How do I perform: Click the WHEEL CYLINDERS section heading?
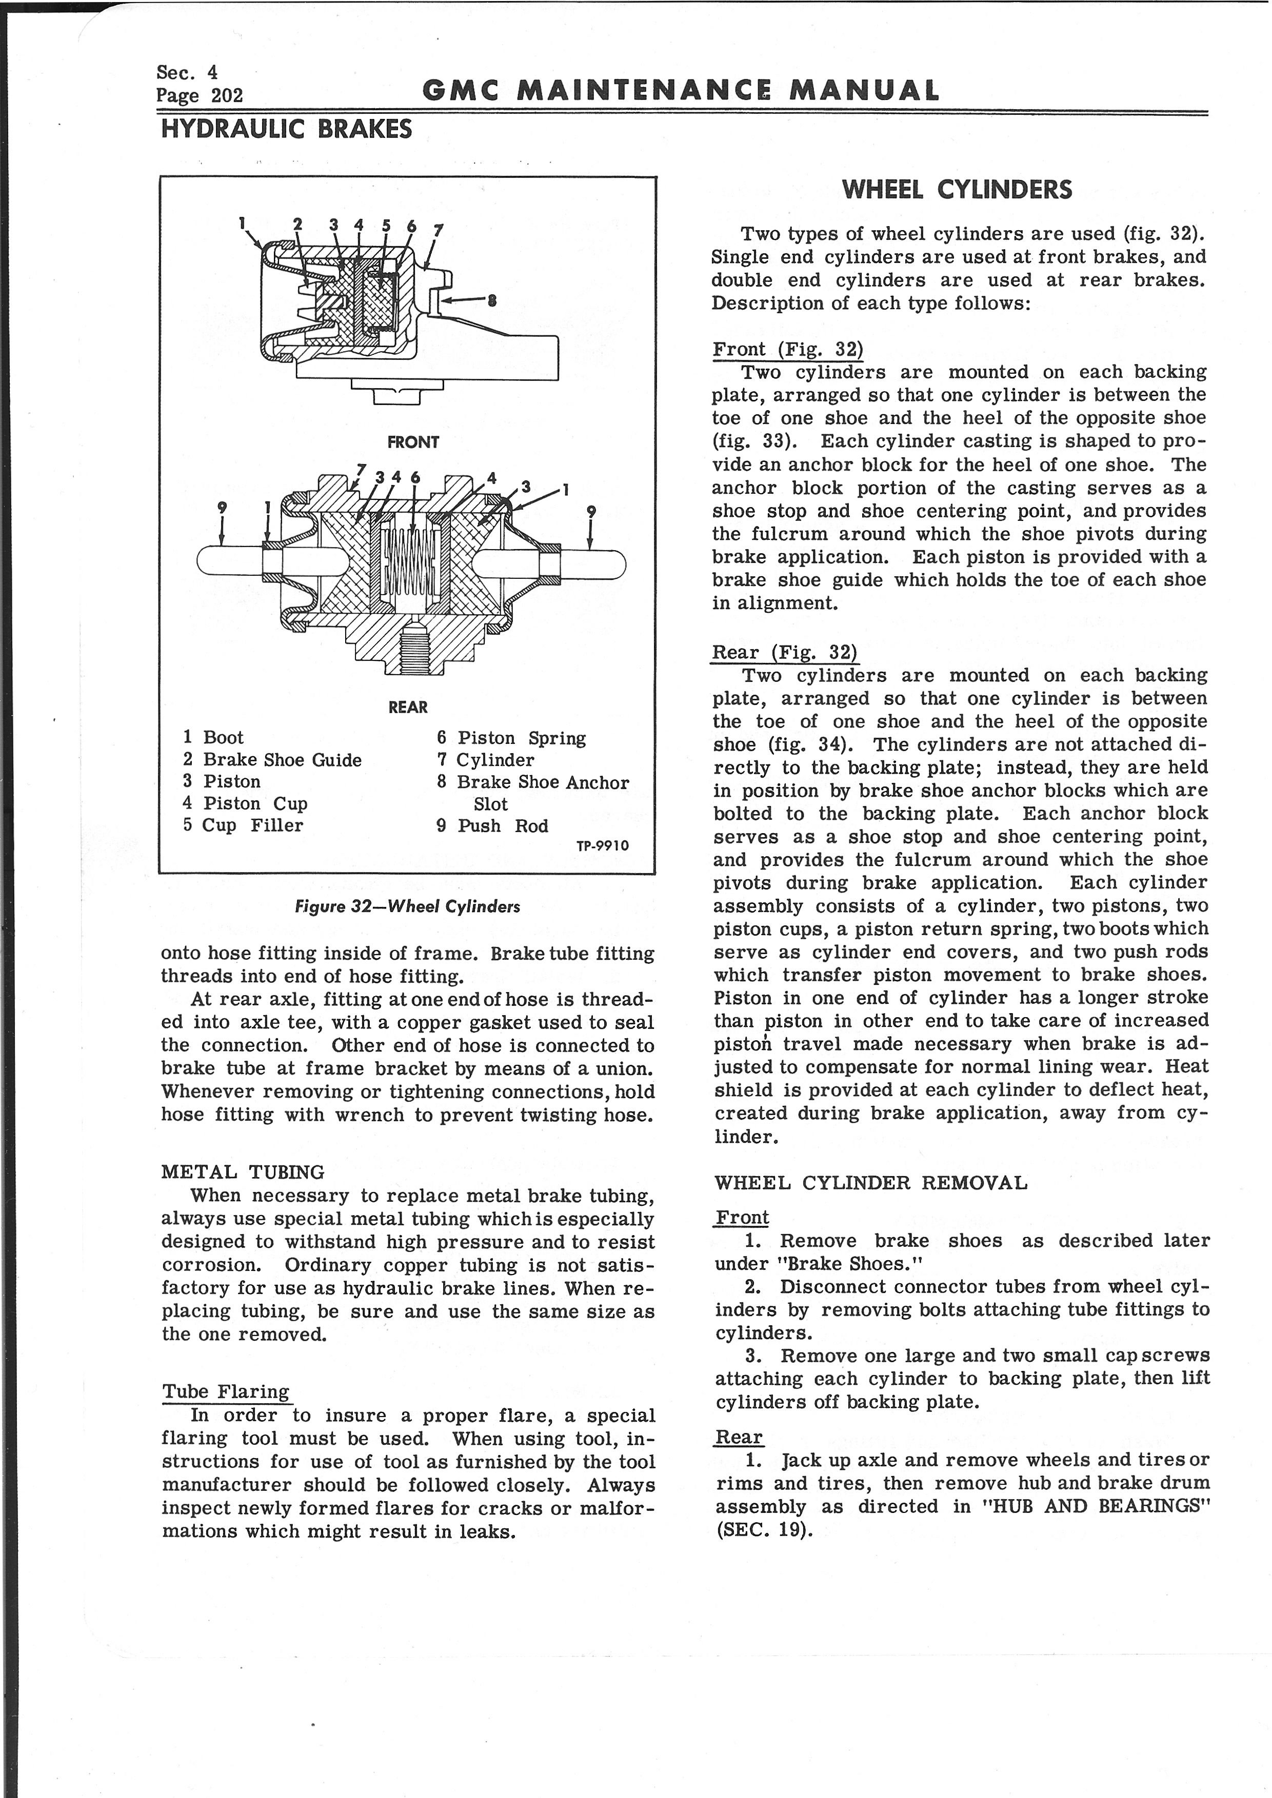pos(957,190)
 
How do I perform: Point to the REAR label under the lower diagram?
pos(408,707)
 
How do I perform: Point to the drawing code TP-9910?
pos(602,846)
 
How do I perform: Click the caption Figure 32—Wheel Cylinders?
pos(407,907)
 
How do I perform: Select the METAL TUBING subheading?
pos(242,1173)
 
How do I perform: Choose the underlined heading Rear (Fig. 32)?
pos(784,652)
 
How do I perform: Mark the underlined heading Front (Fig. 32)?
pos(787,349)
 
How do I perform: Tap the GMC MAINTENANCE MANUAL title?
pos(680,91)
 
